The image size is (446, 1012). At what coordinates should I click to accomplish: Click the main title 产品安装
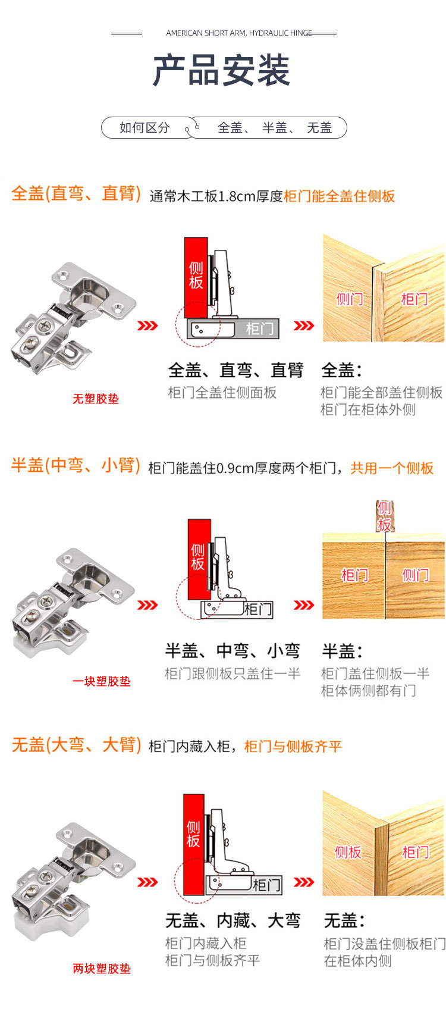click(x=221, y=71)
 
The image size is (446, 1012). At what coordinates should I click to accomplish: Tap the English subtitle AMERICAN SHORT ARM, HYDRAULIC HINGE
click(x=238, y=33)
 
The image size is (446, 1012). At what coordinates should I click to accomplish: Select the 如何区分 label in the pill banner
click(x=145, y=127)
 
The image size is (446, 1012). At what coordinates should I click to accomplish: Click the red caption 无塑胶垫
click(x=95, y=399)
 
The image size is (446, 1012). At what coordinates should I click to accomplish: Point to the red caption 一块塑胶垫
click(x=101, y=681)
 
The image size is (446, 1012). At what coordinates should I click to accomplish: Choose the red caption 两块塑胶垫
click(x=101, y=969)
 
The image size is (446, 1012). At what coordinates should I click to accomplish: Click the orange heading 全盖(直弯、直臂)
click(x=76, y=194)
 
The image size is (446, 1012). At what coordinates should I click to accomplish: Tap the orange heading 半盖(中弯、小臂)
click(x=76, y=466)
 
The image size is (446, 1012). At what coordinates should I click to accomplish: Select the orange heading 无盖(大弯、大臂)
click(x=76, y=745)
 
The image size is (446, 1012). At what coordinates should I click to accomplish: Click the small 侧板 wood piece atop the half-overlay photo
click(x=385, y=516)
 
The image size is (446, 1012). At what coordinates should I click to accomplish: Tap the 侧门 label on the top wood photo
click(x=349, y=299)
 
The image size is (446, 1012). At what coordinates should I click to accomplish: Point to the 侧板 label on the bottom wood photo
click(x=348, y=852)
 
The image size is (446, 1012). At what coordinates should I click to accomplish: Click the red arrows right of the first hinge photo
click(x=147, y=325)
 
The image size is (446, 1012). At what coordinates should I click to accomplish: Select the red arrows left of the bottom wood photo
click(x=304, y=882)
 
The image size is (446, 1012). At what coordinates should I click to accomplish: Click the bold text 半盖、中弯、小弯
click(x=233, y=651)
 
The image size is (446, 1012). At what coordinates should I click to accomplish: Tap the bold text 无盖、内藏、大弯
click(x=233, y=920)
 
